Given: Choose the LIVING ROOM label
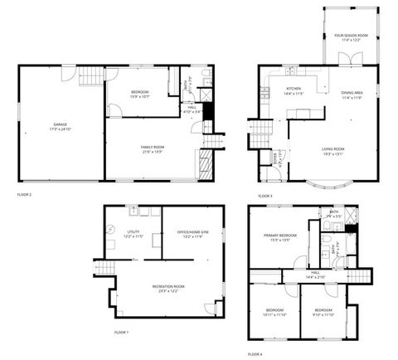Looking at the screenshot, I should click(332, 150).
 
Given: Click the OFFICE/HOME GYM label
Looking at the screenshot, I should click(193, 234).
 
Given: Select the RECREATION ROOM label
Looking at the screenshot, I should click(168, 288).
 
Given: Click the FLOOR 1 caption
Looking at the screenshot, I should click(122, 332).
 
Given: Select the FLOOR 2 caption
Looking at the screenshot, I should click(24, 194).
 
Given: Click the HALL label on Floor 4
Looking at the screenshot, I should click(315, 274).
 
